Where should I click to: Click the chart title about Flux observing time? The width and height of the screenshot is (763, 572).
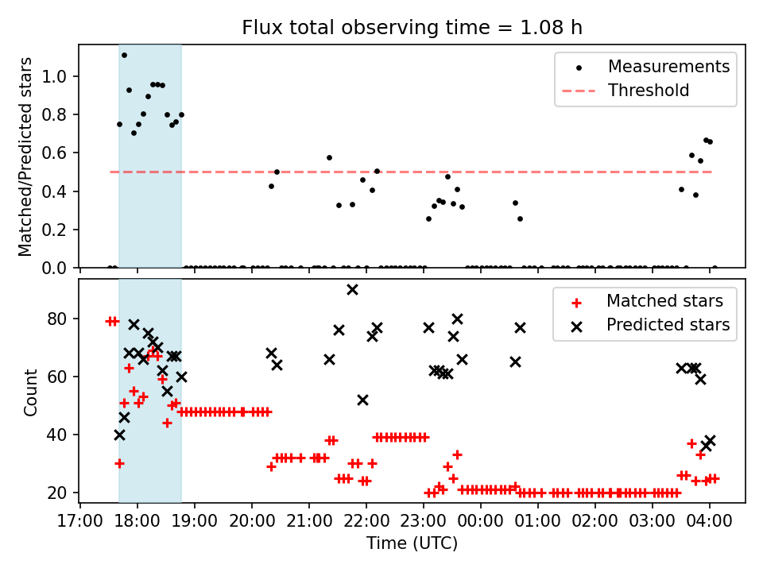pos(412,28)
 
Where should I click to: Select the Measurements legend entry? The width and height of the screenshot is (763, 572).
pos(668,67)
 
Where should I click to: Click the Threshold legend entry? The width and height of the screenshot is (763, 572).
pos(649,91)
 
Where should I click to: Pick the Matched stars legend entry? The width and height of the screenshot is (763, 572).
pos(664,301)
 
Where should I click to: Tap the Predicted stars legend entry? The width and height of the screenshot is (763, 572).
pos(668,324)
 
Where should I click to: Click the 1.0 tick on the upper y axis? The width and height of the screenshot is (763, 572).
pos(63,77)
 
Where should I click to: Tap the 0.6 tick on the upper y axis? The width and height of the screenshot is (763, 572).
pos(63,153)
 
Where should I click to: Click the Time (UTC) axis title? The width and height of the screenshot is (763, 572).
pos(412,543)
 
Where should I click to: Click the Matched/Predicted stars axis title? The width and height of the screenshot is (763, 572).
pos(25,157)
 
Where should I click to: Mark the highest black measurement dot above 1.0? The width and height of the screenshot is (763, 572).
pos(124,55)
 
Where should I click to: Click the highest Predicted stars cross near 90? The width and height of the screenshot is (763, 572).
pos(352,289)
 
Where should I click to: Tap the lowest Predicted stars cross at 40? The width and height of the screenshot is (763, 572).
pos(119,435)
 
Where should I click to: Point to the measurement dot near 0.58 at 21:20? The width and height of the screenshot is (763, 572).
pos(329,157)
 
